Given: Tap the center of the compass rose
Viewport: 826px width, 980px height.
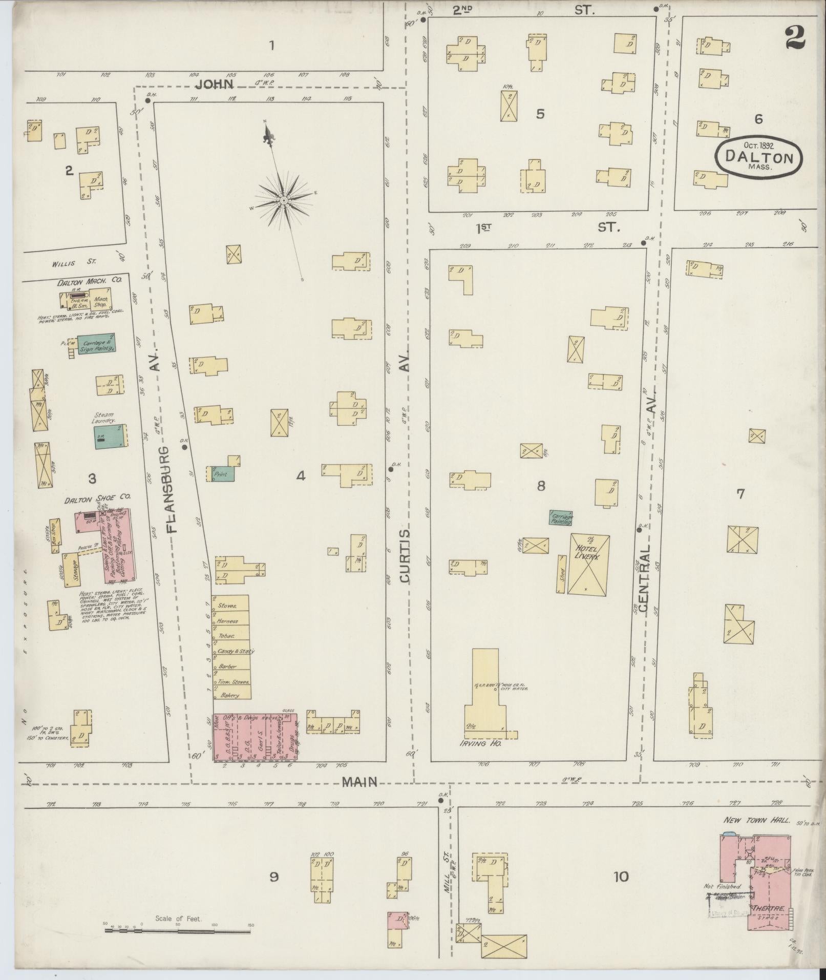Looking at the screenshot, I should (283, 199).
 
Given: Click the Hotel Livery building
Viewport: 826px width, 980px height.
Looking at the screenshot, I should (588, 564).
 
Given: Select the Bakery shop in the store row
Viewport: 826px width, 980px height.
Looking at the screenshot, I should (231, 696).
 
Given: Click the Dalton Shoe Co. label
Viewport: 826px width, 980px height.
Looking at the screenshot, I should (97, 497).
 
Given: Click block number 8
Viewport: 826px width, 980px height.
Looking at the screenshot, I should (541, 486).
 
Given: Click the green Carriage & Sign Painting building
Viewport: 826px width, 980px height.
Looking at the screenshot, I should (96, 344).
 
